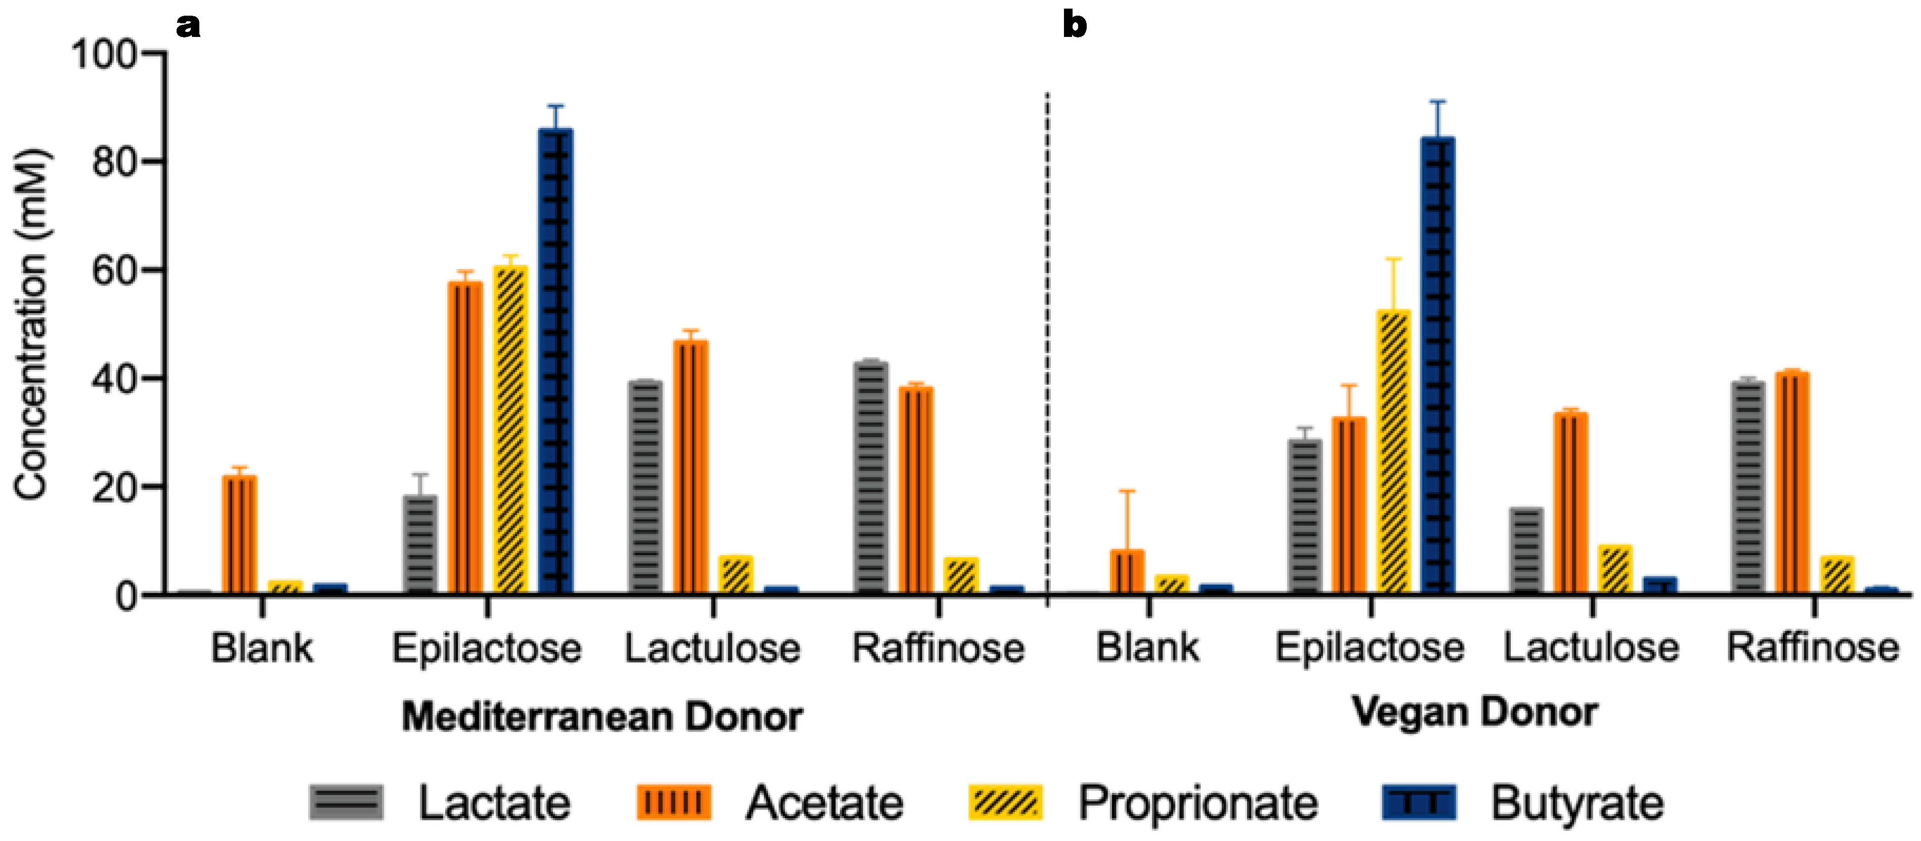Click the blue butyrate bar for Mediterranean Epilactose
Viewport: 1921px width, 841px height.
(556, 362)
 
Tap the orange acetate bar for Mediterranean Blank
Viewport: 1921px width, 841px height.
(239, 534)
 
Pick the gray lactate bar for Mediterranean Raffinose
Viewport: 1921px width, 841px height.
(871, 477)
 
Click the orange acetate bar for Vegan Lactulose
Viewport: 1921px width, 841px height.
(1570, 503)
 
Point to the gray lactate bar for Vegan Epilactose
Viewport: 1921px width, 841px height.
(1305, 516)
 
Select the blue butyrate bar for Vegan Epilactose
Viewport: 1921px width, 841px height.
(1438, 365)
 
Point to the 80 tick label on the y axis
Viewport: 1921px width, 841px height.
(115, 162)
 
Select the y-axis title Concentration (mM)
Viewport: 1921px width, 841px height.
(31, 324)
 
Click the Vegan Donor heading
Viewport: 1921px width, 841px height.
(1474, 712)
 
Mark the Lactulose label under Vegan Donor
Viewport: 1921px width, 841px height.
(1591, 647)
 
